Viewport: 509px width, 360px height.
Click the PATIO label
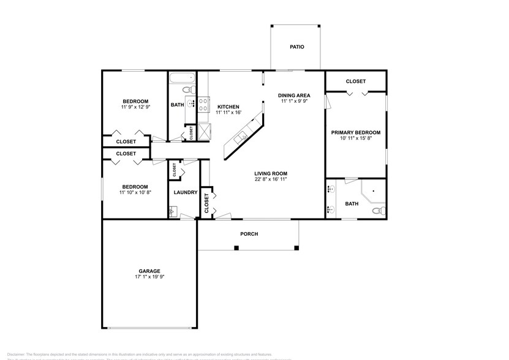pyautogui.click(x=296, y=47)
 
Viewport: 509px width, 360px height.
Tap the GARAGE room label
pyautogui.click(x=149, y=271)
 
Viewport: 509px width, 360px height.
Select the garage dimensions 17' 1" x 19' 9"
pyautogui.click(x=149, y=277)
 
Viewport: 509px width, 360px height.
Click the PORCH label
pyautogui.click(x=249, y=234)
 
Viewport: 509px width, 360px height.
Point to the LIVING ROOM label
pyautogui.click(x=271, y=173)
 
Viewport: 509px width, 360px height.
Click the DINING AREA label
pyautogui.click(x=294, y=95)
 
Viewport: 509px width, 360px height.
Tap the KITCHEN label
pyautogui.click(x=228, y=107)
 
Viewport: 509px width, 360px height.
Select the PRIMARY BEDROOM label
pyautogui.click(x=355, y=132)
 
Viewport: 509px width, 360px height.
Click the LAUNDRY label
pyautogui.click(x=185, y=192)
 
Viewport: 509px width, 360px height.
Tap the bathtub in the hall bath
pyautogui.click(x=181, y=79)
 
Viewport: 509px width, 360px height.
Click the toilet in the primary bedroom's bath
pyautogui.click(x=378, y=211)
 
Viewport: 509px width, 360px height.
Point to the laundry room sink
pyautogui.click(x=172, y=212)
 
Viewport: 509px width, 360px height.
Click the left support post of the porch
pyautogui.click(x=236, y=248)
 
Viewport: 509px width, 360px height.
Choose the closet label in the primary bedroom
pyautogui.click(x=355, y=81)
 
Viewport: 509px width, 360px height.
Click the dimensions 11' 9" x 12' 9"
pyautogui.click(x=135, y=107)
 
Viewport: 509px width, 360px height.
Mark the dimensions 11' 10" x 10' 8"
pyautogui.click(x=135, y=193)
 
